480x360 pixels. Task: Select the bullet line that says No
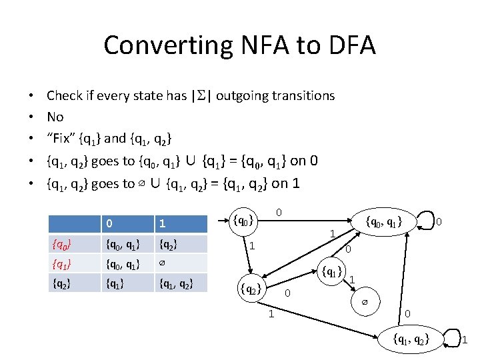click(x=55, y=117)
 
